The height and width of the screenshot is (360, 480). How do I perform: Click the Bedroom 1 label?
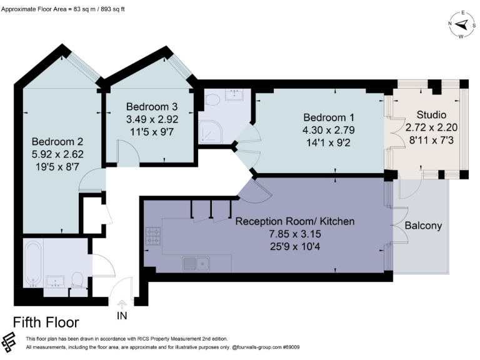(x=329, y=117)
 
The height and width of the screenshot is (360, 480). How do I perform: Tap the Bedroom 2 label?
(x=57, y=141)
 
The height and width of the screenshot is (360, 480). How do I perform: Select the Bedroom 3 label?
(x=152, y=106)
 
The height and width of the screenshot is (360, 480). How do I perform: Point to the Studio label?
(x=431, y=115)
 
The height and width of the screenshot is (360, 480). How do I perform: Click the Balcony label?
(x=423, y=226)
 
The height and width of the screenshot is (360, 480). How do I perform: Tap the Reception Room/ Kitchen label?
(x=295, y=221)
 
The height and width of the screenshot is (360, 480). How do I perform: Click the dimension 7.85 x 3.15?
(x=295, y=234)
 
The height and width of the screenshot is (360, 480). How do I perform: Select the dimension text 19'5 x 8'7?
(x=57, y=167)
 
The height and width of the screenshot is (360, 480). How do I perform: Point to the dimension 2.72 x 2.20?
(x=431, y=127)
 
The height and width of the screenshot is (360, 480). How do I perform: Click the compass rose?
(x=462, y=25)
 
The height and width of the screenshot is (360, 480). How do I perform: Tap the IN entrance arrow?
(x=122, y=304)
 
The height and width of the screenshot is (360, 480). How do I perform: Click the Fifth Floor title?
(x=46, y=322)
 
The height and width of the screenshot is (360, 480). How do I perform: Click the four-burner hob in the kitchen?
(x=153, y=236)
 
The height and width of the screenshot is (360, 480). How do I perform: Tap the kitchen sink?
(x=196, y=264)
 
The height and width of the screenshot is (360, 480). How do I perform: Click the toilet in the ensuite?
(x=212, y=99)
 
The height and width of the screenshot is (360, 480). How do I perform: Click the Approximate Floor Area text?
(x=63, y=9)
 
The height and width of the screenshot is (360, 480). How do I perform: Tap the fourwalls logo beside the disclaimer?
(x=9, y=342)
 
